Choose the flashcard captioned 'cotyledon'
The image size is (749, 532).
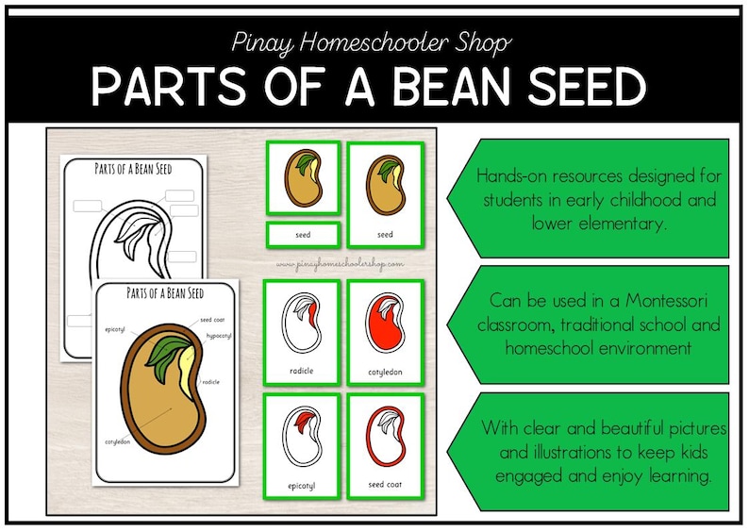pos(384,332)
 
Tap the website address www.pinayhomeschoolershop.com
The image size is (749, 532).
pos(340,265)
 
